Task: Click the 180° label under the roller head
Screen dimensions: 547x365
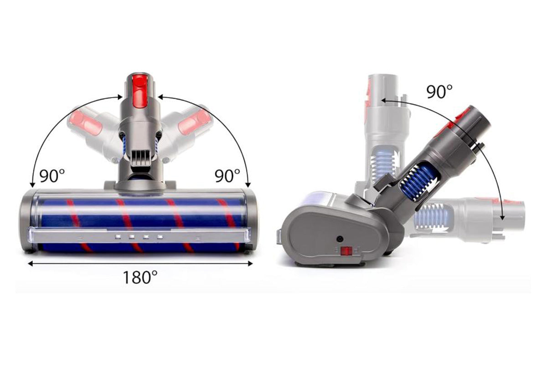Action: [140, 277]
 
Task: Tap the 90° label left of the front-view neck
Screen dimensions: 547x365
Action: [52, 176]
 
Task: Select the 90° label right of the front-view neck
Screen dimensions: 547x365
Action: [227, 176]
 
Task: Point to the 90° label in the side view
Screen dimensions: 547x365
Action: [439, 92]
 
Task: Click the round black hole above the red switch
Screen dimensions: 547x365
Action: [340, 239]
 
